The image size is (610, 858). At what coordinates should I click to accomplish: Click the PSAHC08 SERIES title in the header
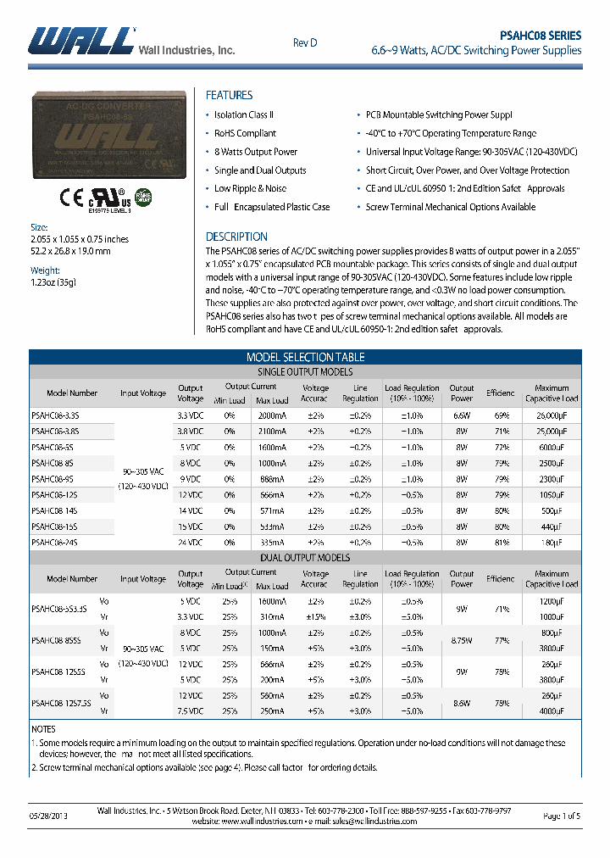tap(541, 36)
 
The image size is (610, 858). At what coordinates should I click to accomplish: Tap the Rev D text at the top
tap(305, 42)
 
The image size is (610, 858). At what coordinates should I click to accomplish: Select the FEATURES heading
tap(229, 95)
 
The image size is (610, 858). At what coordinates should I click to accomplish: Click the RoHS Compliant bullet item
tap(245, 133)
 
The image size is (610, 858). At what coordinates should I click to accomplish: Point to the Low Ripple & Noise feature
tap(250, 188)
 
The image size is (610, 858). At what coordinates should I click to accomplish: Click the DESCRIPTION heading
tap(236, 237)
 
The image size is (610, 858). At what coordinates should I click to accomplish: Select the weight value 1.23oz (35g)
tap(53, 282)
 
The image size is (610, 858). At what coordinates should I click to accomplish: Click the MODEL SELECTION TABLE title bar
tap(305, 357)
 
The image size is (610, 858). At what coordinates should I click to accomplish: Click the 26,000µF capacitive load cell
tap(552, 415)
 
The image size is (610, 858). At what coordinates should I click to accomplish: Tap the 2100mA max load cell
tap(272, 431)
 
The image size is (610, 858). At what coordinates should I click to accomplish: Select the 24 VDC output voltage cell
tap(190, 542)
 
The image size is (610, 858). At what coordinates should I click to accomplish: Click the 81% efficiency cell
tap(501, 542)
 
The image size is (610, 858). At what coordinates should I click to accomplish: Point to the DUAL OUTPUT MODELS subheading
tap(305, 557)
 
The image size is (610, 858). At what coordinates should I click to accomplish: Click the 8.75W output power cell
tap(462, 641)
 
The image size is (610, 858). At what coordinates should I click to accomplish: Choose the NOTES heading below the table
tap(43, 729)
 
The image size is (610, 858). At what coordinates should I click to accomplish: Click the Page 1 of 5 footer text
tap(561, 816)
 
